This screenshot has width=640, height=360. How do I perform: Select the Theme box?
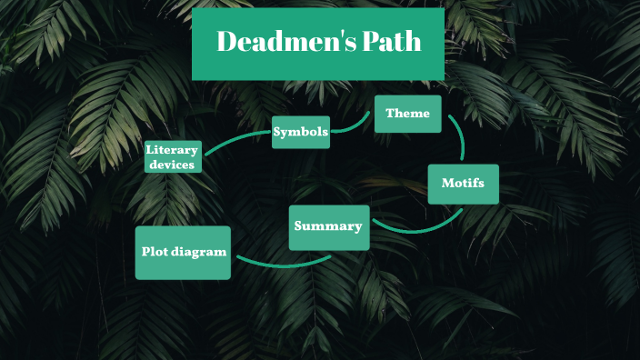coord(407,114)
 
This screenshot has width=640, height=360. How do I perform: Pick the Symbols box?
coord(300,132)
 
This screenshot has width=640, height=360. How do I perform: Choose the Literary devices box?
coord(173,156)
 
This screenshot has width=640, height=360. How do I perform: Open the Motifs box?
coord(463,184)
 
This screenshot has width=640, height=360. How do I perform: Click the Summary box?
coord(328,226)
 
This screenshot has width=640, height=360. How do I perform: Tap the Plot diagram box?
coord(183,252)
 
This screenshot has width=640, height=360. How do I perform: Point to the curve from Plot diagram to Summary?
coord(282,265)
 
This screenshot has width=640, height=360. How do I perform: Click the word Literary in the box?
coord(173,149)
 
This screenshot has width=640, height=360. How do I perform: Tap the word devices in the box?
coord(173,165)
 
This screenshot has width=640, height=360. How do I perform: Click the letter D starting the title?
coord(227,42)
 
